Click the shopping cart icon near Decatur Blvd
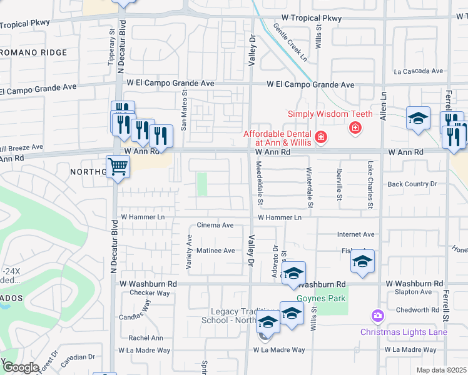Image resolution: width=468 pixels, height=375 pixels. click(x=118, y=167)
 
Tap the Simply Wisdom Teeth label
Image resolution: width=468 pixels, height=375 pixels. click(x=330, y=114)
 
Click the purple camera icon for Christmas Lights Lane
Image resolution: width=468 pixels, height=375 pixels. click(x=377, y=316)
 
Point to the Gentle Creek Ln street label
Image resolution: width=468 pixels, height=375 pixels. click(x=290, y=42)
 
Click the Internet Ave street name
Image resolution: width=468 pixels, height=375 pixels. click(x=355, y=234)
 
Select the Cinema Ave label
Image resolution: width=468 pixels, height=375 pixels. click(x=215, y=225)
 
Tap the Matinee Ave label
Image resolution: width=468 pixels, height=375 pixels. click(x=216, y=251)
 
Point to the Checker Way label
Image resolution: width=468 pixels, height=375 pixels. click(x=150, y=292)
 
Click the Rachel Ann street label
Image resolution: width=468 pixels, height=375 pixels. click(x=146, y=338)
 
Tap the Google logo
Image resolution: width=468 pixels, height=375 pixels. click(x=20, y=367)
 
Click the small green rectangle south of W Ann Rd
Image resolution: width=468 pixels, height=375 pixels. click(x=202, y=184)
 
